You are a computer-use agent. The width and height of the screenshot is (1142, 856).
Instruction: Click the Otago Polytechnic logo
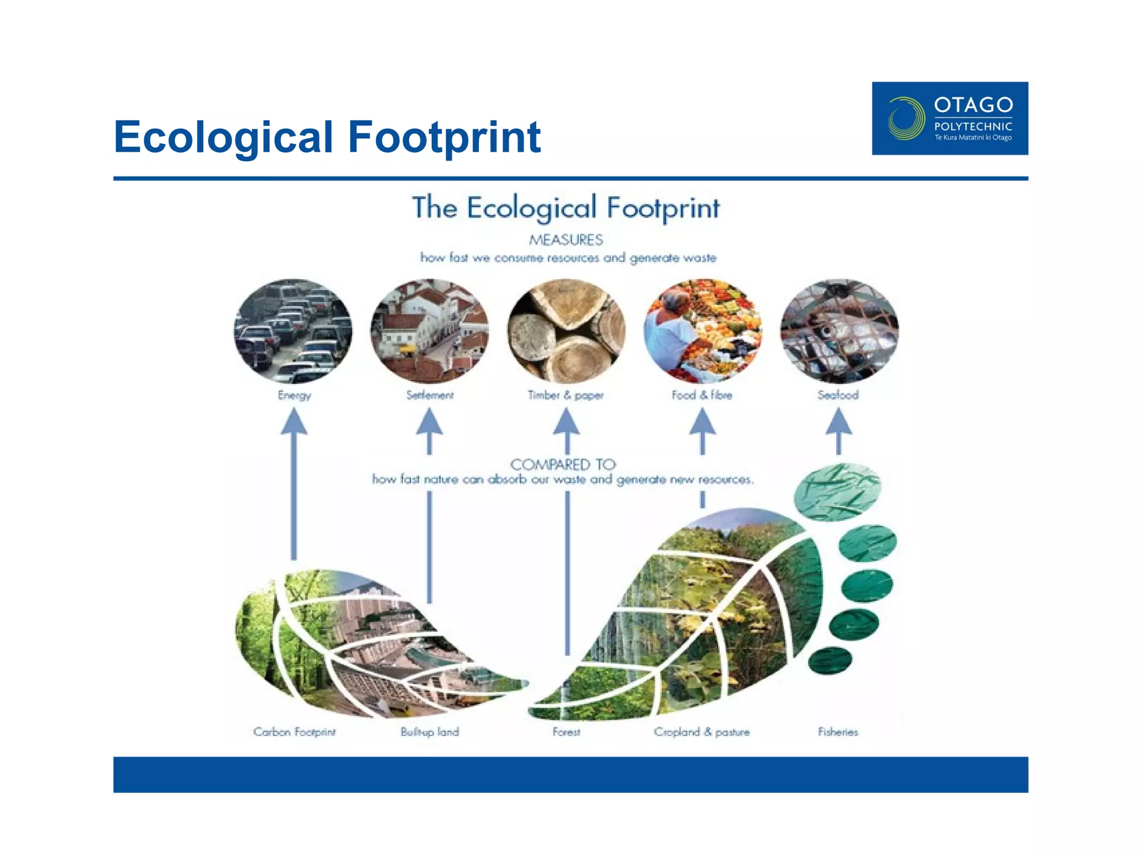[x=950, y=118]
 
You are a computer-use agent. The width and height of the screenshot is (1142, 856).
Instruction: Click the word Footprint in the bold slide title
[x=444, y=137]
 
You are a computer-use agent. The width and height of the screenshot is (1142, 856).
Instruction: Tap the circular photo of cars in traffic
[x=293, y=331]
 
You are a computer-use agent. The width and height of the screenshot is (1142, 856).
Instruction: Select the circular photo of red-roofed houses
[x=429, y=331]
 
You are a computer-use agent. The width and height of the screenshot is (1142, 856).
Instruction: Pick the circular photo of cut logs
[x=566, y=331]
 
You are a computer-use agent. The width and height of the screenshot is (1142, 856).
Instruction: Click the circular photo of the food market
[x=702, y=331]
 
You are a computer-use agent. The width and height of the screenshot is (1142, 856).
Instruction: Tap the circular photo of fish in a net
[x=839, y=331]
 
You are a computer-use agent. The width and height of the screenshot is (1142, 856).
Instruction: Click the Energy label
[x=294, y=395]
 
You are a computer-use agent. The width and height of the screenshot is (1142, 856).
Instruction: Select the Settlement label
[x=429, y=395]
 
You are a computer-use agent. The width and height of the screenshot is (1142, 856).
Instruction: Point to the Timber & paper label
[x=565, y=395]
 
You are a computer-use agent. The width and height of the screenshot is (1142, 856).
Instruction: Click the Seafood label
[x=838, y=395]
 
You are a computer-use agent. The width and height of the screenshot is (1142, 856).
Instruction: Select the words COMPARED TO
[x=563, y=464]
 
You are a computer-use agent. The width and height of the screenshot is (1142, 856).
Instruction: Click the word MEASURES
[x=565, y=240]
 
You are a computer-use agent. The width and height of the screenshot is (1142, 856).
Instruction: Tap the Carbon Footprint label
[x=294, y=732]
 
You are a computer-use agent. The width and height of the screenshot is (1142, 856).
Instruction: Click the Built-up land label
[x=429, y=732]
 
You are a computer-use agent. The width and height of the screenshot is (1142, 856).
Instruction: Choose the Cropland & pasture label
[x=701, y=732]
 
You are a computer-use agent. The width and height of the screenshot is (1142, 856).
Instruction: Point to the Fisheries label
[x=838, y=732]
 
